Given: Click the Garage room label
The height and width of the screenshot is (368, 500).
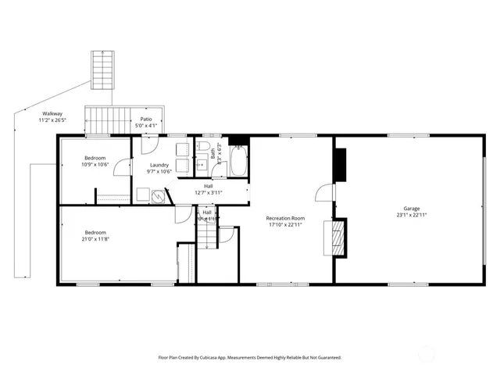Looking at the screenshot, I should (x=412, y=208).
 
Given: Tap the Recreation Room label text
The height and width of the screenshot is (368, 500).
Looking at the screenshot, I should (x=285, y=218).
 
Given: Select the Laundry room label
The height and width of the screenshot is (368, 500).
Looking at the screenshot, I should (x=161, y=165).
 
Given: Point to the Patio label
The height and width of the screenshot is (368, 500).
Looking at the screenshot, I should (x=146, y=119).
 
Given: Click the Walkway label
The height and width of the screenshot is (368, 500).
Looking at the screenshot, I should (x=52, y=114).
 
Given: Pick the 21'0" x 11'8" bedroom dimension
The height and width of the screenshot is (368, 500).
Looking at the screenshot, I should (x=96, y=239).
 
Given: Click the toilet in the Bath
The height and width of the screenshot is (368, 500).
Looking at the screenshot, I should (x=202, y=147).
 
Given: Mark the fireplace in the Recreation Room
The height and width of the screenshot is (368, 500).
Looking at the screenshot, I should (x=337, y=238).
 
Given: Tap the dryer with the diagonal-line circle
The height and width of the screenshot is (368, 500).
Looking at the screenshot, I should (x=159, y=196).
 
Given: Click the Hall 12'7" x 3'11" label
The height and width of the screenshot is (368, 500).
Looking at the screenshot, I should (x=209, y=188).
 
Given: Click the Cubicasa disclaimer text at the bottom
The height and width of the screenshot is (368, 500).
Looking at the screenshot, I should (x=249, y=357).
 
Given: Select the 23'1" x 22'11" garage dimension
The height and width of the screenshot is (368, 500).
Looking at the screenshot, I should (x=412, y=215).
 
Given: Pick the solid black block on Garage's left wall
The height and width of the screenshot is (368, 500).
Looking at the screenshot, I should (x=339, y=162).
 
